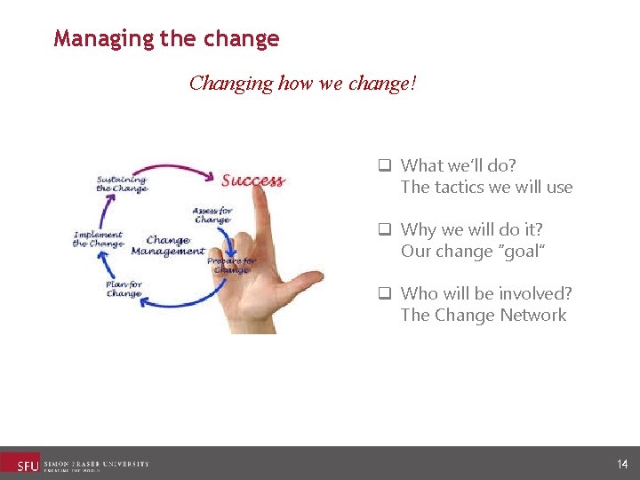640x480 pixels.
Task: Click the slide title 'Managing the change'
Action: pos(166,39)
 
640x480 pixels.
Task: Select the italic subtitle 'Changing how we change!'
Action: pos(302,84)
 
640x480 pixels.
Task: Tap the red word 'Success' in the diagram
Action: pos(252,180)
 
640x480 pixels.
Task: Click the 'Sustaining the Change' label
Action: pos(122,183)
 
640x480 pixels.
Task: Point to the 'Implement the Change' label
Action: pos(98,239)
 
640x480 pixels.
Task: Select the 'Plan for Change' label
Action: pos(124,288)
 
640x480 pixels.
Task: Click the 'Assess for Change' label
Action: pos(212,215)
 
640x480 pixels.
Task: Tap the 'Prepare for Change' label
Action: pos(230,265)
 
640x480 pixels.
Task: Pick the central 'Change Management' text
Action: pos(167,245)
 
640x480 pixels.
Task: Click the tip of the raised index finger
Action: pos(260,169)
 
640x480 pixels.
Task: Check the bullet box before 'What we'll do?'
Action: pos(386,165)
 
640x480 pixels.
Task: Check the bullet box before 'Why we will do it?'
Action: pos(386,229)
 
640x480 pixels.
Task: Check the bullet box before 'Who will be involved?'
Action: pos(386,293)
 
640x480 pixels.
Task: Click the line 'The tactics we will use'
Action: pos(486,187)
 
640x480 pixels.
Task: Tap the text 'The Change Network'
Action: pos(483,315)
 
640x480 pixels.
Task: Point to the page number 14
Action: pos(621,464)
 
